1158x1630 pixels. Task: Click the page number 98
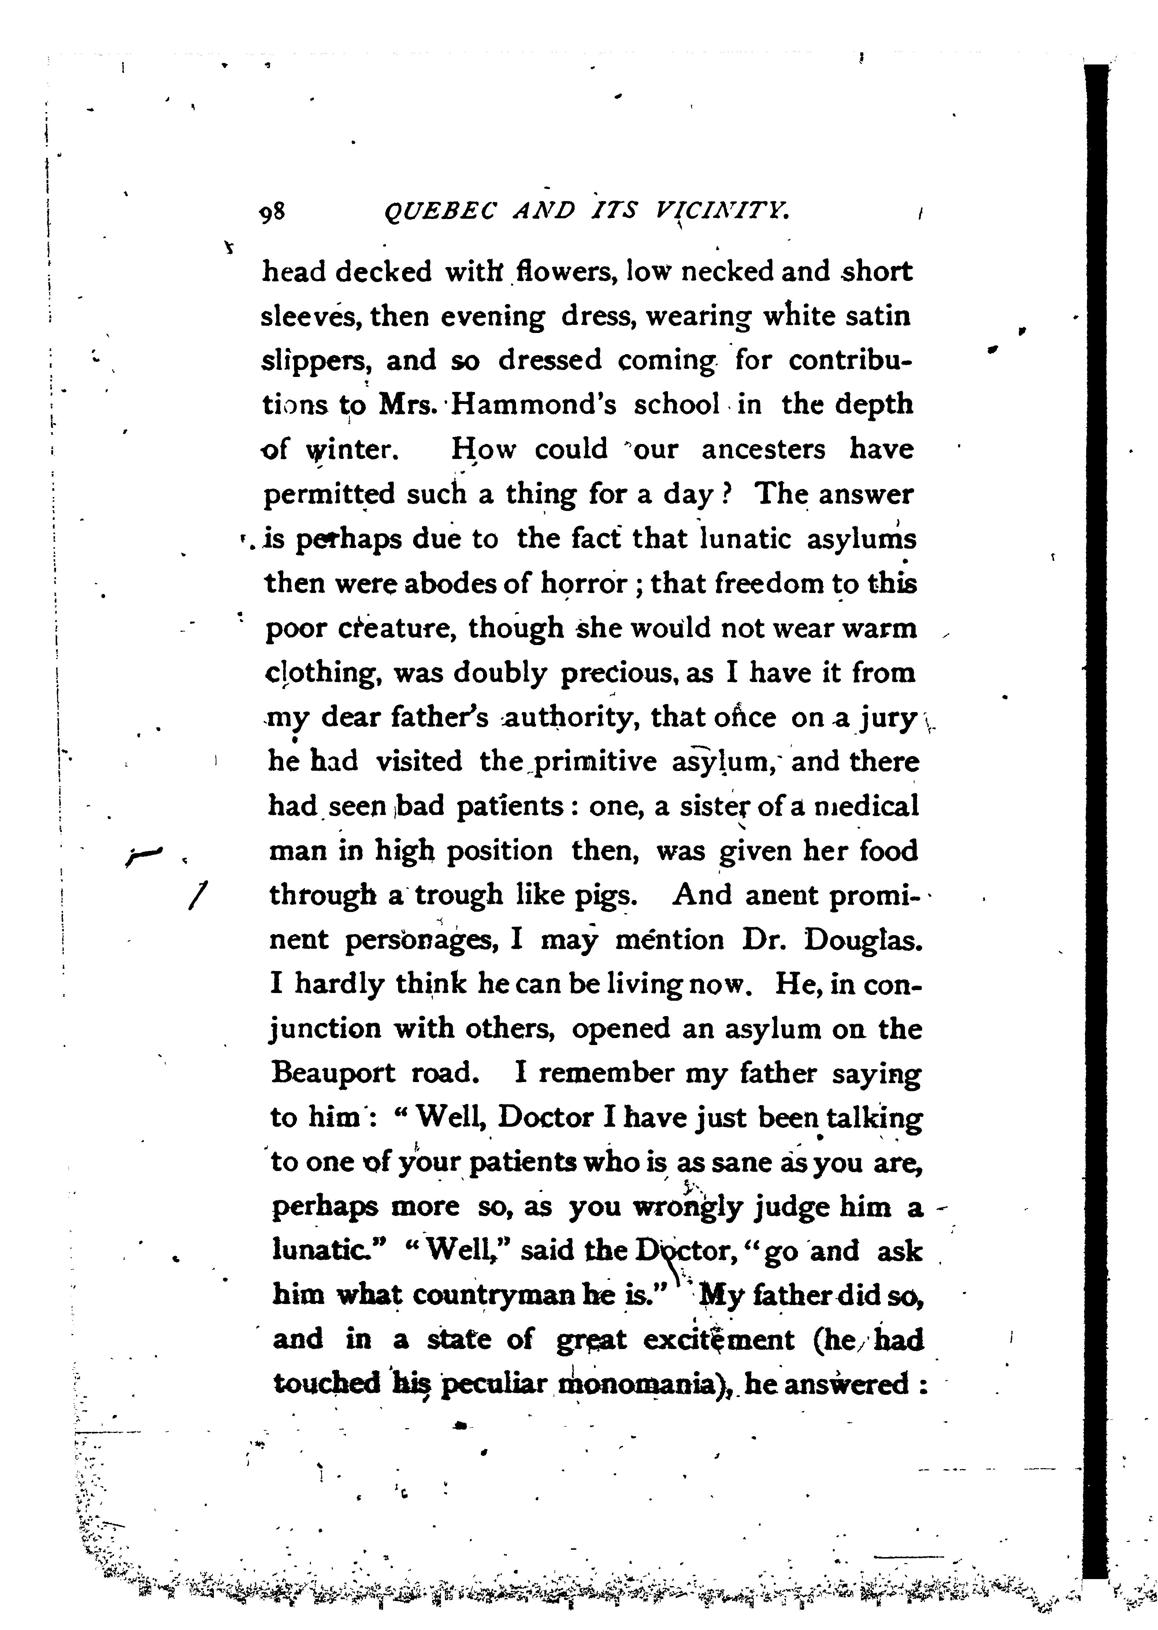tap(272, 212)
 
